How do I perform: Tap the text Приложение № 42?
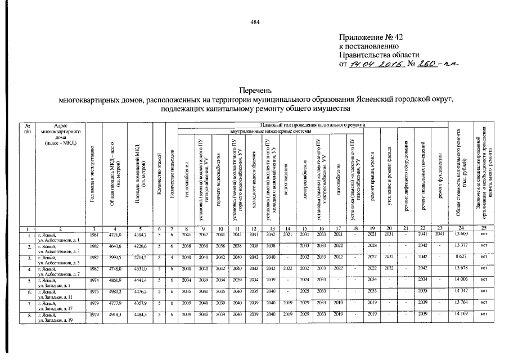(371, 37)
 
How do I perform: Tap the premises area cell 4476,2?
(141, 291)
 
